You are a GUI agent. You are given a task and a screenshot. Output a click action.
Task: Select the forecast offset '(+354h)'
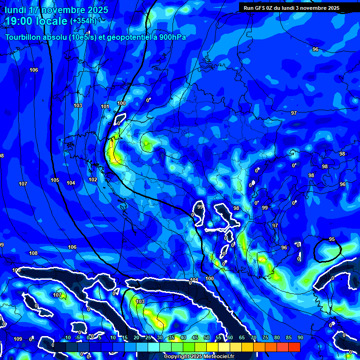click(x=83, y=21)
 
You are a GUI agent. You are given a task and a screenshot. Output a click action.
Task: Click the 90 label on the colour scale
click(x=300, y=337)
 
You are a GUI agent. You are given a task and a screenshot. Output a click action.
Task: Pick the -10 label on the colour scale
click(x=67, y=337)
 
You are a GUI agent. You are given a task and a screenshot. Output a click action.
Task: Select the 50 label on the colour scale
click(x=207, y=337)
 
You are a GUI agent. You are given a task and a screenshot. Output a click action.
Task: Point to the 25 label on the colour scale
click(x=148, y=337)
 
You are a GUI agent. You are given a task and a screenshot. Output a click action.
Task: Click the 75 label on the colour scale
click(x=265, y=337)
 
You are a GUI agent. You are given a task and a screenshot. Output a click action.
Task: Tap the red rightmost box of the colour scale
click(x=294, y=347)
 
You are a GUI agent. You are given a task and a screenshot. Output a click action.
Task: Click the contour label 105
click(x=55, y=180)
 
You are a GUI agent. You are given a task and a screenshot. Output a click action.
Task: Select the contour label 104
click(x=71, y=183)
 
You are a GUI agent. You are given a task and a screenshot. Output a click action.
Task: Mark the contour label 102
click(x=93, y=180)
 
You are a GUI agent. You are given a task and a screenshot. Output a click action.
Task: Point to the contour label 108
click(x=33, y=253)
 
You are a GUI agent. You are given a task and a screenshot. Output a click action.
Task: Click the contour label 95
click(x=332, y=240)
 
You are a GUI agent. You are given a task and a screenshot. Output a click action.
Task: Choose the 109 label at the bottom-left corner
click(x=18, y=339)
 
